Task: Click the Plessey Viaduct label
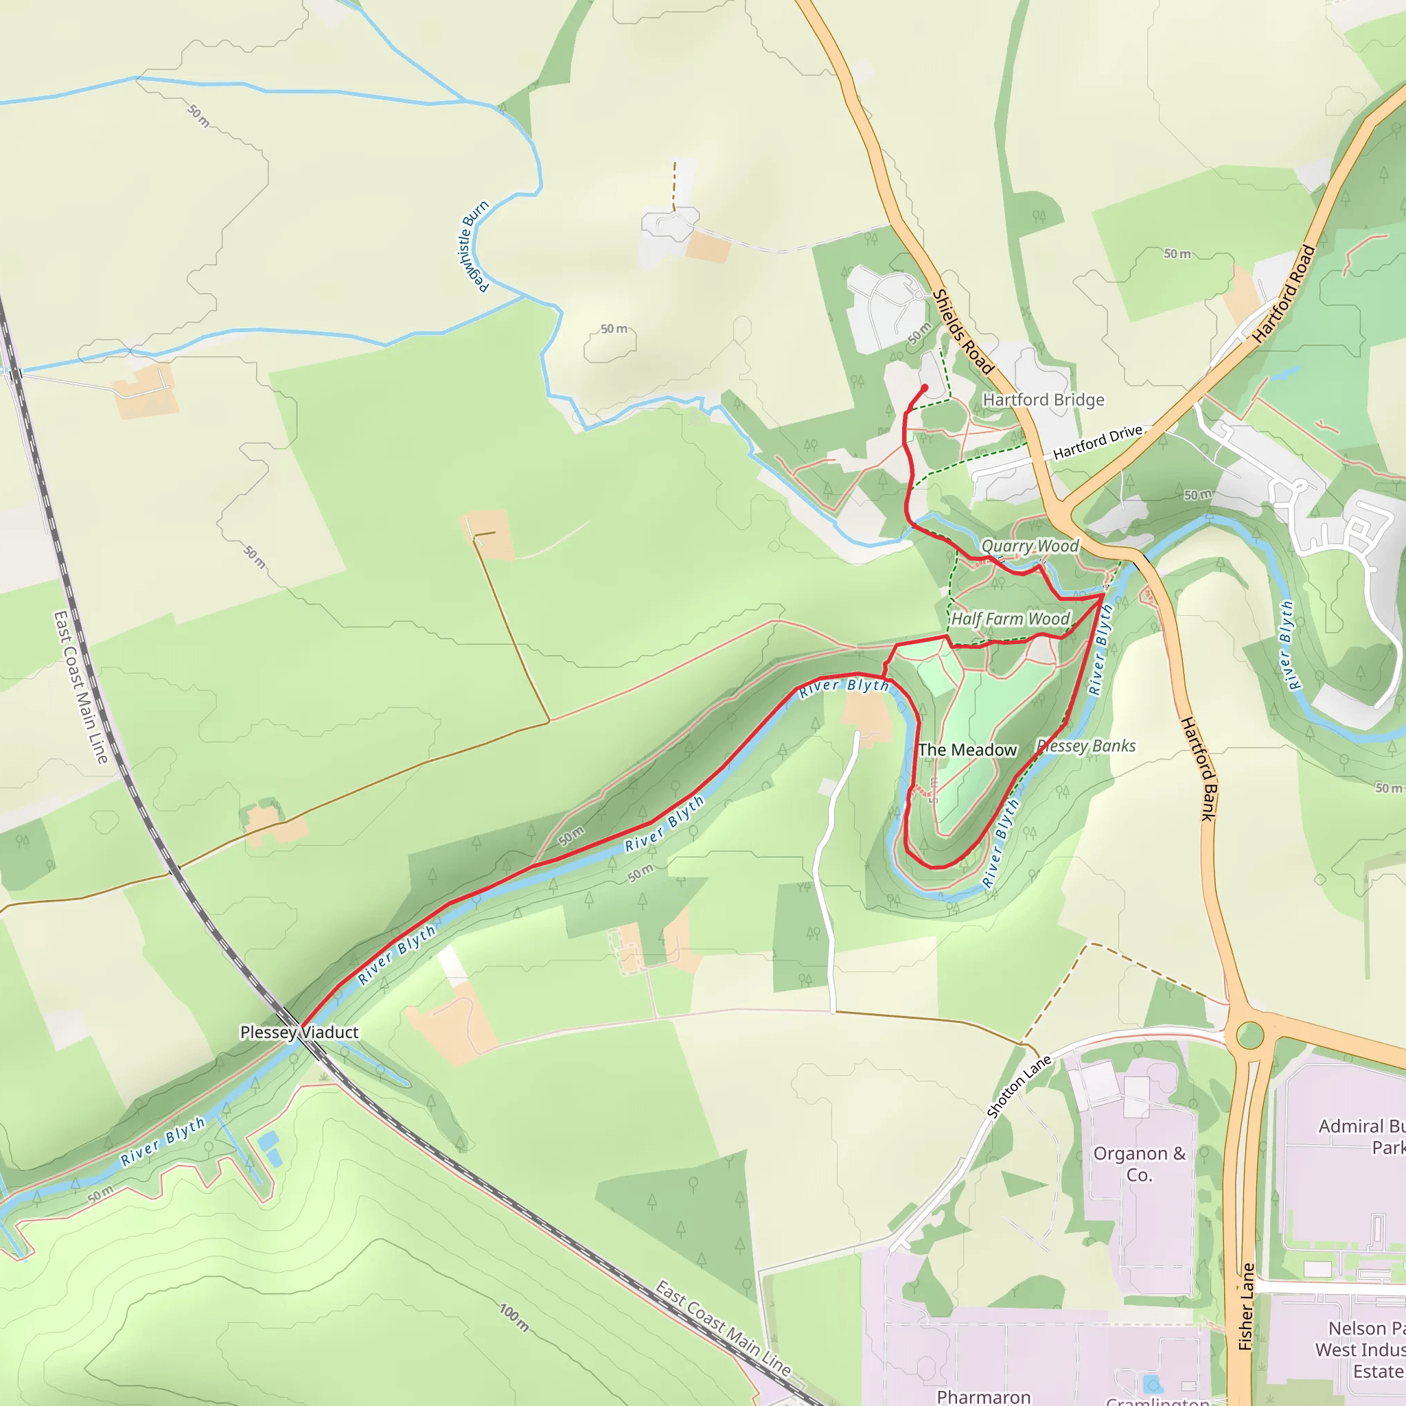[x=299, y=1032]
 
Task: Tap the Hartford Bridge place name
[x=1043, y=400]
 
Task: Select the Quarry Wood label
[x=1030, y=546]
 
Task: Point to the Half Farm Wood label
[x=1010, y=619]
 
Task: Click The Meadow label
[x=967, y=750]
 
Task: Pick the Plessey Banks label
[x=1086, y=746]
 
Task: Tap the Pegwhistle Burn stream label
[x=472, y=246]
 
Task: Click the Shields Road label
[x=962, y=332]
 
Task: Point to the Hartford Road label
[x=1284, y=294]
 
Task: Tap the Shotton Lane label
[x=1019, y=1086]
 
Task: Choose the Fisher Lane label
[x=1247, y=1307]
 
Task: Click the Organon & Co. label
[x=1139, y=1164]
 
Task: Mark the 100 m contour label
[x=514, y=1317]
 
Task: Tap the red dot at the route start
[x=924, y=388]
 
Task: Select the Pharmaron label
[x=983, y=1396]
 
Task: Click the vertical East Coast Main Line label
[x=80, y=688]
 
